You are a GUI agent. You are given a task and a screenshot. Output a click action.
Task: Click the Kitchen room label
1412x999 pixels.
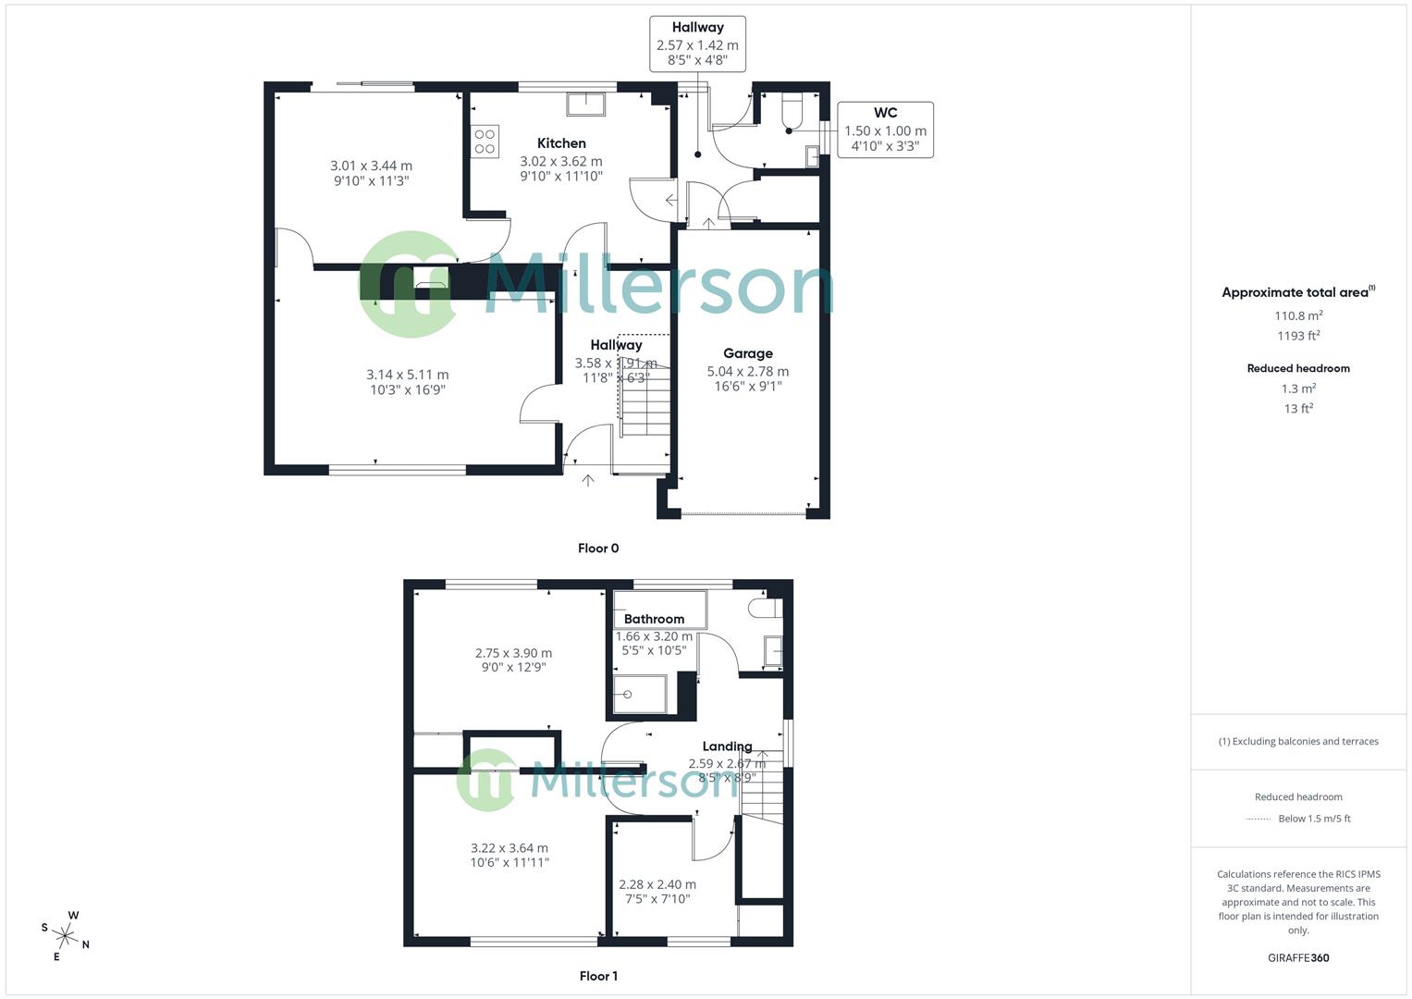click(561, 143)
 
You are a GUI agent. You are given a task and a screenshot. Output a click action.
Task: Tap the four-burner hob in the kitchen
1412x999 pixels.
click(485, 142)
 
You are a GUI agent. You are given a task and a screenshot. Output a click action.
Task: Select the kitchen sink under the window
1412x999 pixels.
click(586, 103)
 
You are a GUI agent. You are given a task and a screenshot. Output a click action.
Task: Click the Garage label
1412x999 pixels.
click(747, 353)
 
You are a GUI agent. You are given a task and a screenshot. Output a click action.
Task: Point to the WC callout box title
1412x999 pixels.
click(885, 114)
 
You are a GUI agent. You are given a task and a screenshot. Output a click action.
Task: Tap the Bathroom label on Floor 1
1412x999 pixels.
click(654, 619)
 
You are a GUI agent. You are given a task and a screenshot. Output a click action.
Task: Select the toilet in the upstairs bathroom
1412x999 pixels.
click(765, 609)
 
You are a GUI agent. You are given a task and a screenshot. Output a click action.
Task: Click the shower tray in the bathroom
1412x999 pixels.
click(639, 695)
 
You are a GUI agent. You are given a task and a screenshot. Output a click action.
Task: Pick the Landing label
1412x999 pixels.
click(727, 746)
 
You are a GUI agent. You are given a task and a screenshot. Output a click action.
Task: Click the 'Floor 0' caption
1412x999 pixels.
click(598, 549)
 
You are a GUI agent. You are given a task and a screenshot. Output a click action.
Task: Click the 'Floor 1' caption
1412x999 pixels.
click(598, 976)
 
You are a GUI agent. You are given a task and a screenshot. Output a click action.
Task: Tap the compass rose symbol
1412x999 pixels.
click(66, 934)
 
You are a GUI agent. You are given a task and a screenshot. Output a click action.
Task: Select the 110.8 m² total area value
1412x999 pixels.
click(1298, 315)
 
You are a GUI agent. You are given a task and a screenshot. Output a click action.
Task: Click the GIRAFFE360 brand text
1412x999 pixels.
click(1298, 958)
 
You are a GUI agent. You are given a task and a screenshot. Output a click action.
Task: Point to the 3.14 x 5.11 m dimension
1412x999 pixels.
click(407, 375)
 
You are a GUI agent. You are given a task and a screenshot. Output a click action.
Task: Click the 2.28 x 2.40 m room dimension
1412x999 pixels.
click(657, 884)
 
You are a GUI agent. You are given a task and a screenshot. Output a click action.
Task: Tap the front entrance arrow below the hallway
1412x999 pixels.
click(588, 480)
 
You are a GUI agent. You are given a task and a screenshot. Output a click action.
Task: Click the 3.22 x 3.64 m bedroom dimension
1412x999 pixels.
click(509, 848)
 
